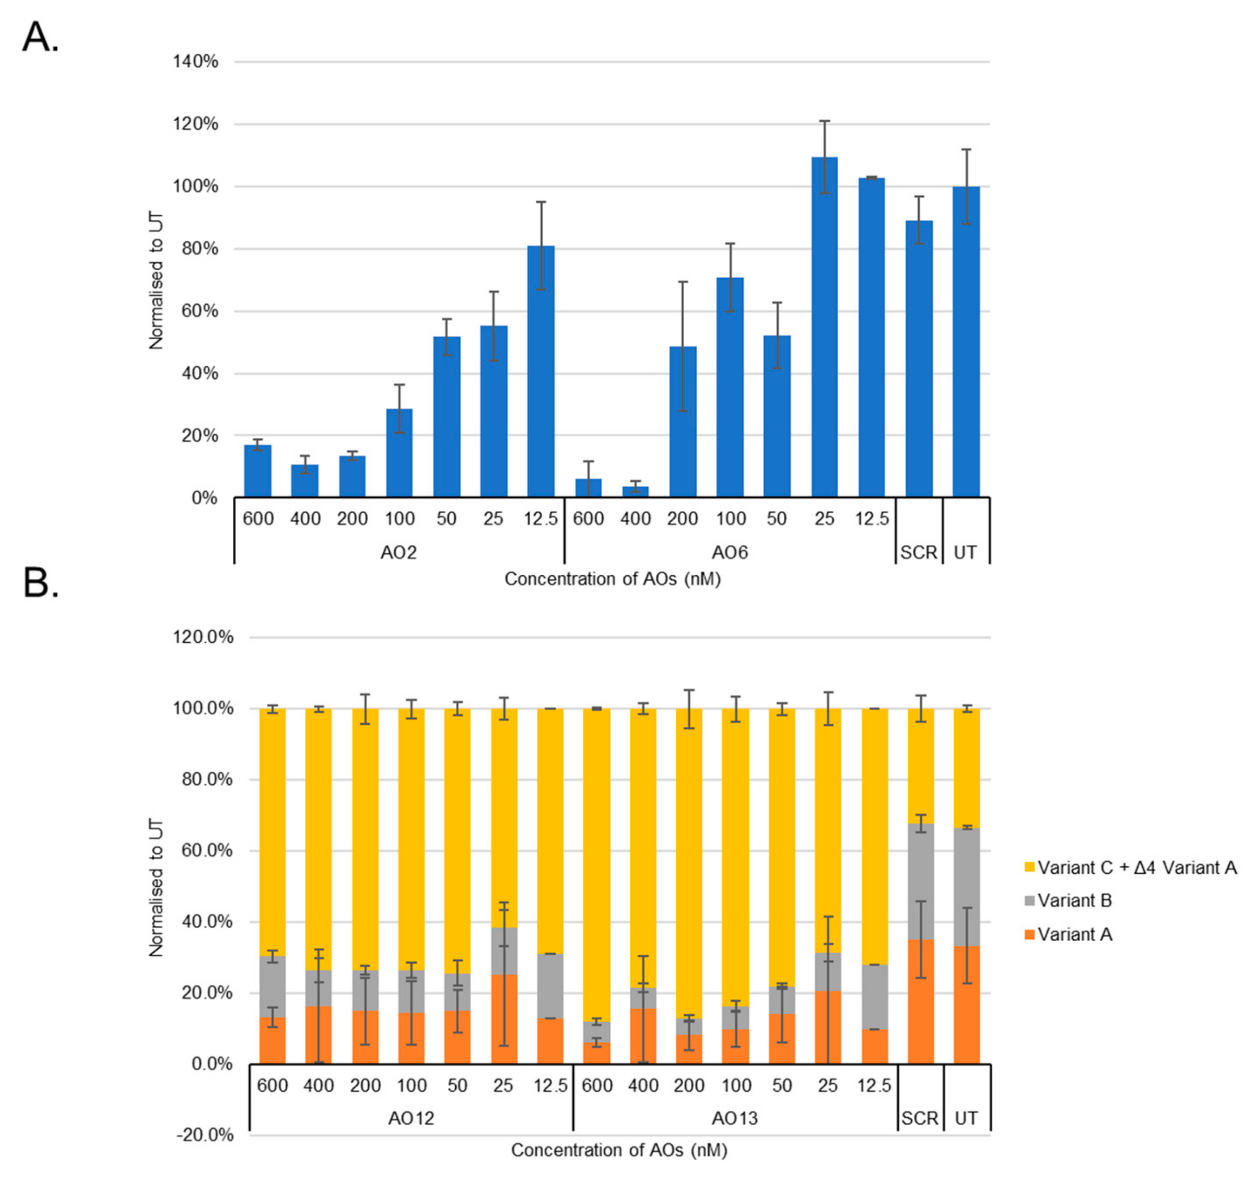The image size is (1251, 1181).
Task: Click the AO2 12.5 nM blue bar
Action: coord(540,372)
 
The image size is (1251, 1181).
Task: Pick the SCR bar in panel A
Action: coord(919,359)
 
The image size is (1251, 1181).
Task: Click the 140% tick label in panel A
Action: coord(195,62)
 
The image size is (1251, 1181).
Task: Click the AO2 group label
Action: coord(398,553)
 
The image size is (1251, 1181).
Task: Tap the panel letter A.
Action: coord(40,38)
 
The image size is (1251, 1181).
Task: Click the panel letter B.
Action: coord(40,584)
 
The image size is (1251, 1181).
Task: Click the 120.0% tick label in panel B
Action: coord(203,637)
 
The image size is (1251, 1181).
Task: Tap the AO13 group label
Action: coord(734,1119)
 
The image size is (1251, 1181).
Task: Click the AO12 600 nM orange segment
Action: coord(272,1040)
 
